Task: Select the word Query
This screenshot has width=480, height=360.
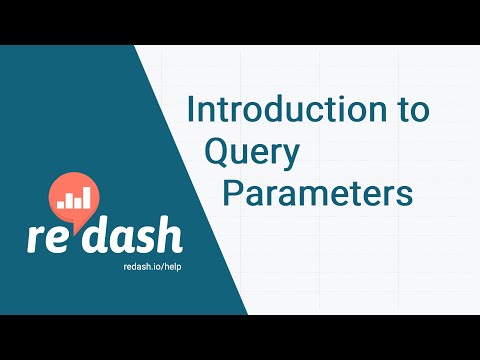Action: click(252, 153)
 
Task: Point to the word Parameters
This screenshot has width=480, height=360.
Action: click(317, 192)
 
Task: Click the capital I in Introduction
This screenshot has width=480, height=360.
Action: click(191, 111)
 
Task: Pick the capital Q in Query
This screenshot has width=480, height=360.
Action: click(218, 151)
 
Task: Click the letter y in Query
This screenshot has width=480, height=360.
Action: click(288, 156)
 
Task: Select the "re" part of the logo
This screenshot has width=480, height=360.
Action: click(50, 237)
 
